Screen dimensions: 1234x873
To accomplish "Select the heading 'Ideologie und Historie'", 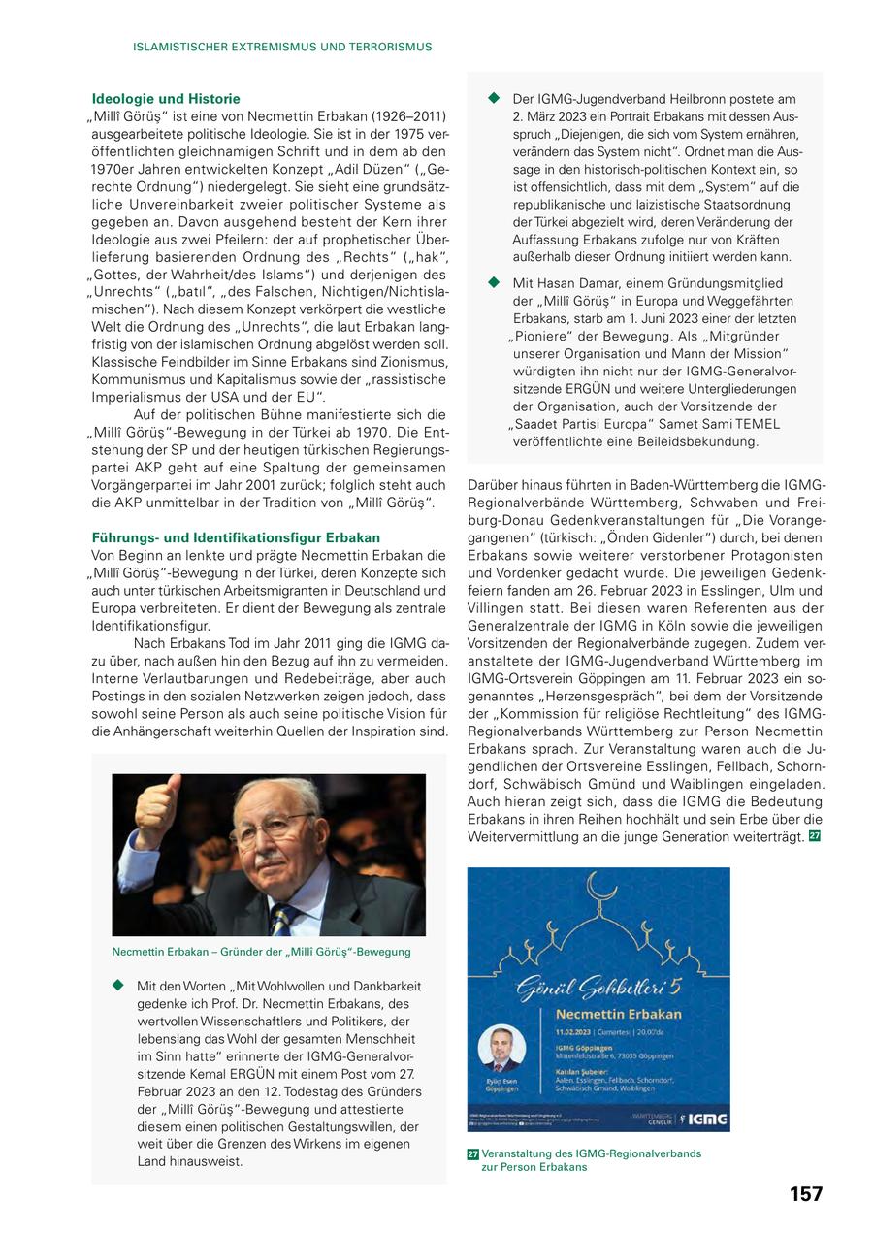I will [x=165, y=99].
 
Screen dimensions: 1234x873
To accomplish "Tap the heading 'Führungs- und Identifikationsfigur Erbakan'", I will [x=236, y=537].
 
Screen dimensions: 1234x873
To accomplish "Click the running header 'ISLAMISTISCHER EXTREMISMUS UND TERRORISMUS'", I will [x=282, y=47].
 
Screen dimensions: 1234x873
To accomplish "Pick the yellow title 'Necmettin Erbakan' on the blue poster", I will [x=611, y=1014].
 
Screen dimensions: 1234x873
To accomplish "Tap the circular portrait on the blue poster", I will [x=501, y=1049].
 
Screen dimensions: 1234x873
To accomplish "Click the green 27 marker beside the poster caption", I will [x=473, y=1154].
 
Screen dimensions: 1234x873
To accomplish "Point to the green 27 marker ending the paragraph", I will [x=815, y=836].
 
